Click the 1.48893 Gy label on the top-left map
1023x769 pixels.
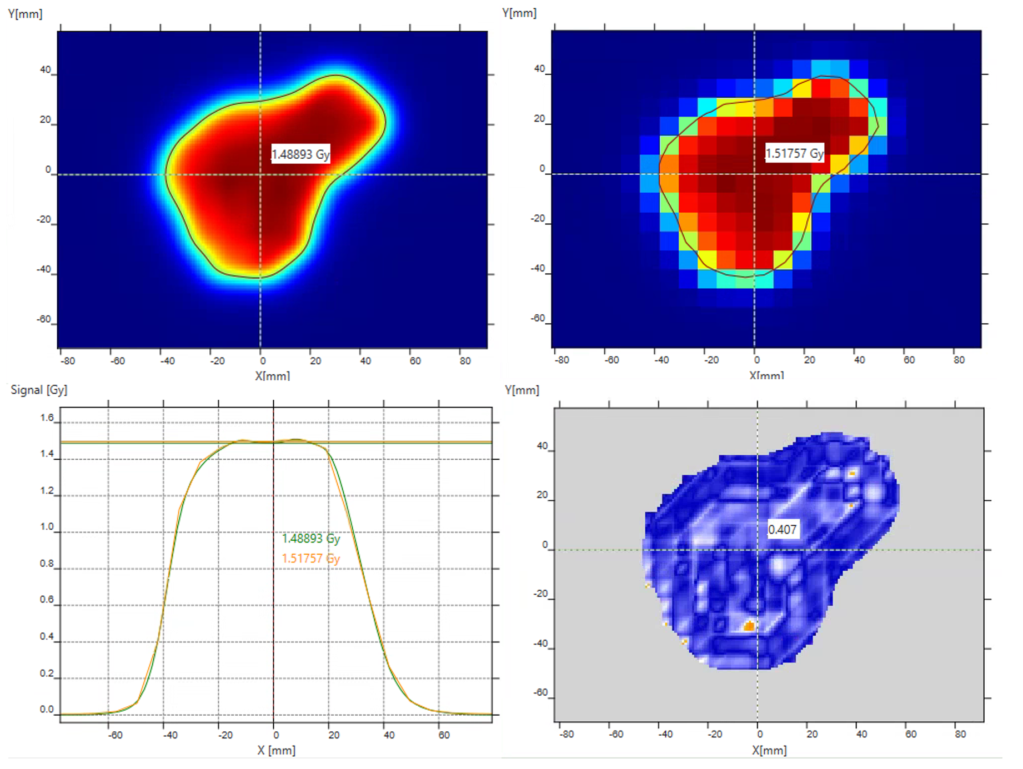(x=300, y=154)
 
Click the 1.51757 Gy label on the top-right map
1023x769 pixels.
(x=794, y=153)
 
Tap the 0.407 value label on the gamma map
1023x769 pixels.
(x=783, y=530)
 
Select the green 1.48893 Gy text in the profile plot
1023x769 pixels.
(x=310, y=539)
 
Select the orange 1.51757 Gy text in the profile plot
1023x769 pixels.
(x=310, y=559)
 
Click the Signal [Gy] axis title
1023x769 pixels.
(x=39, y=390)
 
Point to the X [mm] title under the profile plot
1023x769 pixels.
(x=276, y=751)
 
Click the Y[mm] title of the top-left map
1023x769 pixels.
(x=25, y=14)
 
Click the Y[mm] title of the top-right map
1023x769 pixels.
(x=519, y=13)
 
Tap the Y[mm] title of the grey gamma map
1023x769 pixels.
(x=522, y=390)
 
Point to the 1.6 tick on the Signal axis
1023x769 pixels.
(x=47, y=418)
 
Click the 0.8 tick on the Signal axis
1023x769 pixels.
(x=47, y=564)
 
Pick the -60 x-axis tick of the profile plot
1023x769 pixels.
(x=116, y=735)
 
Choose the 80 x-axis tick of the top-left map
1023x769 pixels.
(x=465, y=361)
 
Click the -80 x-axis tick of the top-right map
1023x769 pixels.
(x=561, y=360)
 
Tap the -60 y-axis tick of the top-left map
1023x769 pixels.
(x=44, y=320)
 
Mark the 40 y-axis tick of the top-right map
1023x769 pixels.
(x=539, y=69)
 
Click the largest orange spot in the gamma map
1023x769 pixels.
(x=749, y=626)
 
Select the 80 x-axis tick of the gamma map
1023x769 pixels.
(x=960, y=734)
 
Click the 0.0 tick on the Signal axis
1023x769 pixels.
(x=47, y=710)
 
